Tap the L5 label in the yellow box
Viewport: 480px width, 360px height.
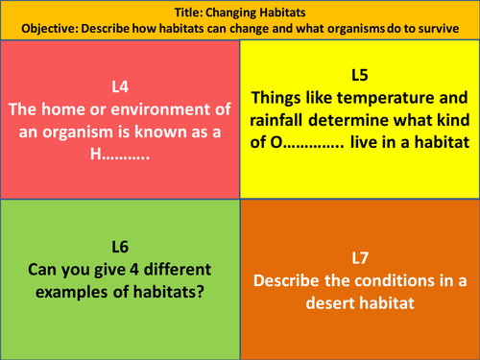[359, 75]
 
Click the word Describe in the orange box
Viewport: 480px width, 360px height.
[287, 283]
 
